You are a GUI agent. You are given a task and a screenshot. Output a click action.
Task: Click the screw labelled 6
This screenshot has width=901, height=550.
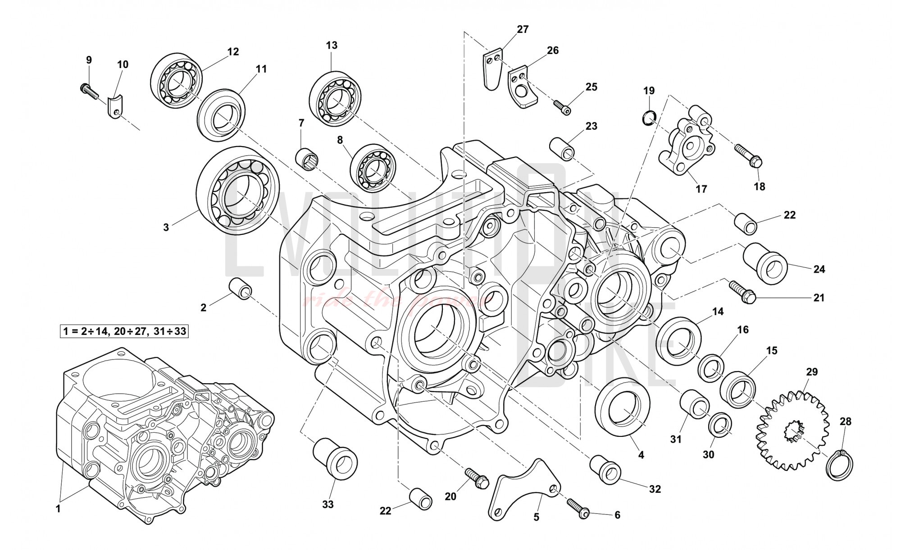tap(373, 168)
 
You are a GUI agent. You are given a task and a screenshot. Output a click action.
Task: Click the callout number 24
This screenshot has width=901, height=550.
tap(819, 269)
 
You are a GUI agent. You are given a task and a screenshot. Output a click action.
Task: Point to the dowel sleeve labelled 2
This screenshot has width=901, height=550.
tap(241, 288)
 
